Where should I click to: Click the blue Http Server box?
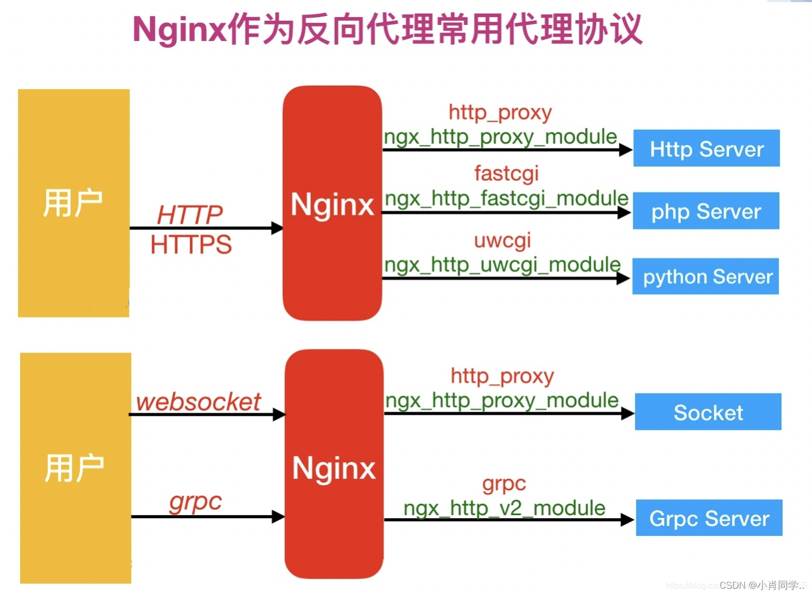(x=706, y=148)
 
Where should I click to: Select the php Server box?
(x=706, y=211)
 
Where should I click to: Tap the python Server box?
(x=705, y=276)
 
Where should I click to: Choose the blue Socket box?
(x=708, y=412)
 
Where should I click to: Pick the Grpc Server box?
(x=709, y=518)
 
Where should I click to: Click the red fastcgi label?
(x=506, y=173)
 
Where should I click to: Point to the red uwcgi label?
(x=502, y=240)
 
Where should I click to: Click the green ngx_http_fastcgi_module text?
(x=506, y=198)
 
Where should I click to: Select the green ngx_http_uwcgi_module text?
(x=502, y=265)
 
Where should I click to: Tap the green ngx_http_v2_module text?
(x=504, y=508)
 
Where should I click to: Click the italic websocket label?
(x=198, y=401)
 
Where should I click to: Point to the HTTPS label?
(x=191, y=244)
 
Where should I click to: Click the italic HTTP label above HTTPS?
(x=190, y=214)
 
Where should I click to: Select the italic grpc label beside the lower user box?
(x=195, y=501)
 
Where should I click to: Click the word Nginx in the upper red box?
(x=332, y=204)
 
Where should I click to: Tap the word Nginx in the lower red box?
(x=334, y=468)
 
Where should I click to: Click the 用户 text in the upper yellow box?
(x=73, y=203)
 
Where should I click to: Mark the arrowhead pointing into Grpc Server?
(x=627, y=520)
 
